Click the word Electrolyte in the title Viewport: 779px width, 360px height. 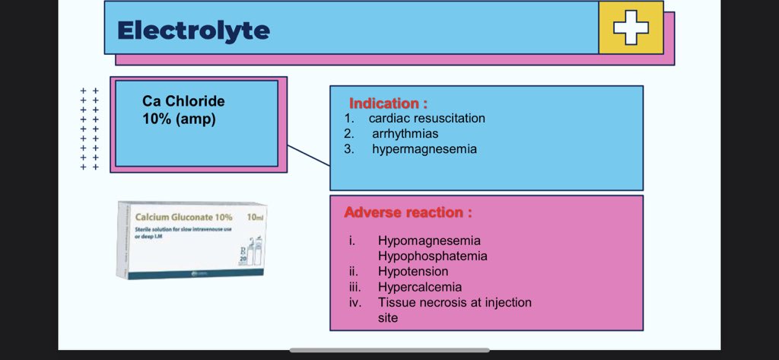[x=193, y=30]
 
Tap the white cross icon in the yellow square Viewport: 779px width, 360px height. [x=631, y=28]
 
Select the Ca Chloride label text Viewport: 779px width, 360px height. [x=183, y=101]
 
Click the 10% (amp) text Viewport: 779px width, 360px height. [x=179, y=119]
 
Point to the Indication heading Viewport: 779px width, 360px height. [x=384, y=103]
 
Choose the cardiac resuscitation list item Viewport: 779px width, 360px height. [x=427, y=118]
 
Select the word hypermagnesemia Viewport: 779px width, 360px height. [x=424, y=149]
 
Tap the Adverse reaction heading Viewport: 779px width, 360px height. [x=408, y=212]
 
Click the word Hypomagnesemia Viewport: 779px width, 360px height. [x=429, y=241]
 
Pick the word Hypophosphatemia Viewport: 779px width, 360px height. [x=433, y=256]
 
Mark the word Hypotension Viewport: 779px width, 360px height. [x=413, y=271]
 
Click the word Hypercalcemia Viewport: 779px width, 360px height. [x=420, y=287]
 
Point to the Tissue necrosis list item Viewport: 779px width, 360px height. [x=454, y=303]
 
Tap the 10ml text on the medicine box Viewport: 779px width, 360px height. [x=255, y=218]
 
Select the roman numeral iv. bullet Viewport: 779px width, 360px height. [x=355, y=303]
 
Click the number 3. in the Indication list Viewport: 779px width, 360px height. [x=348, y=149]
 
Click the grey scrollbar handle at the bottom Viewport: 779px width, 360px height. [x=389, y=350]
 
